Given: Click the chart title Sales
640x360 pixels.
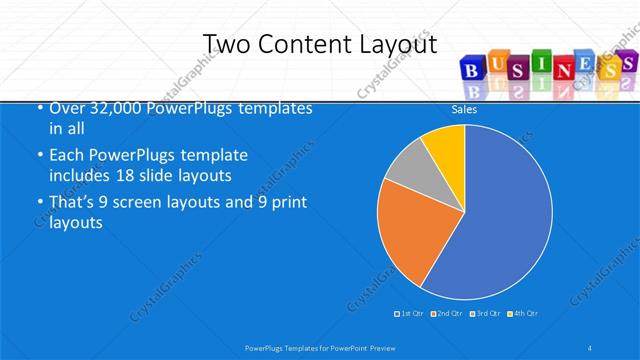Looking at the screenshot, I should click(x=464, y=110).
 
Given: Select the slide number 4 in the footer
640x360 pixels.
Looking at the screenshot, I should click(x=591, y=347).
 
